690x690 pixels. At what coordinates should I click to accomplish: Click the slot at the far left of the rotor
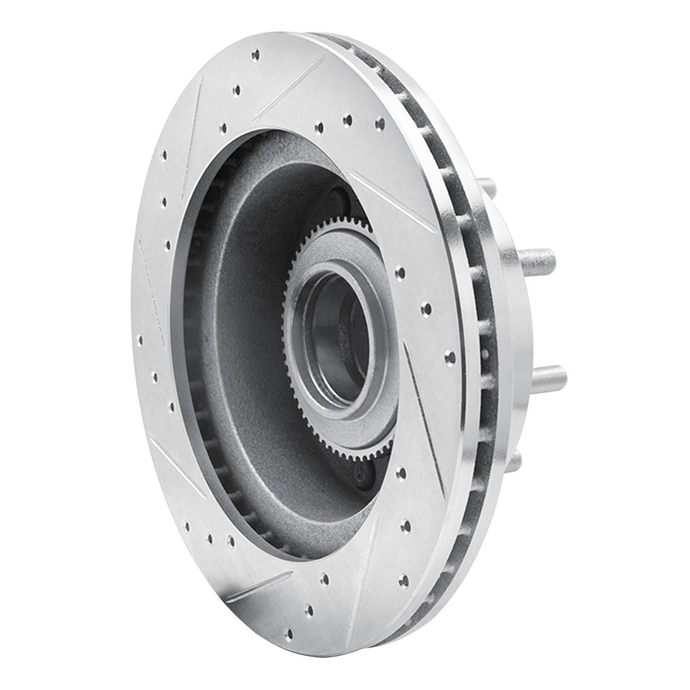coord(152,285)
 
